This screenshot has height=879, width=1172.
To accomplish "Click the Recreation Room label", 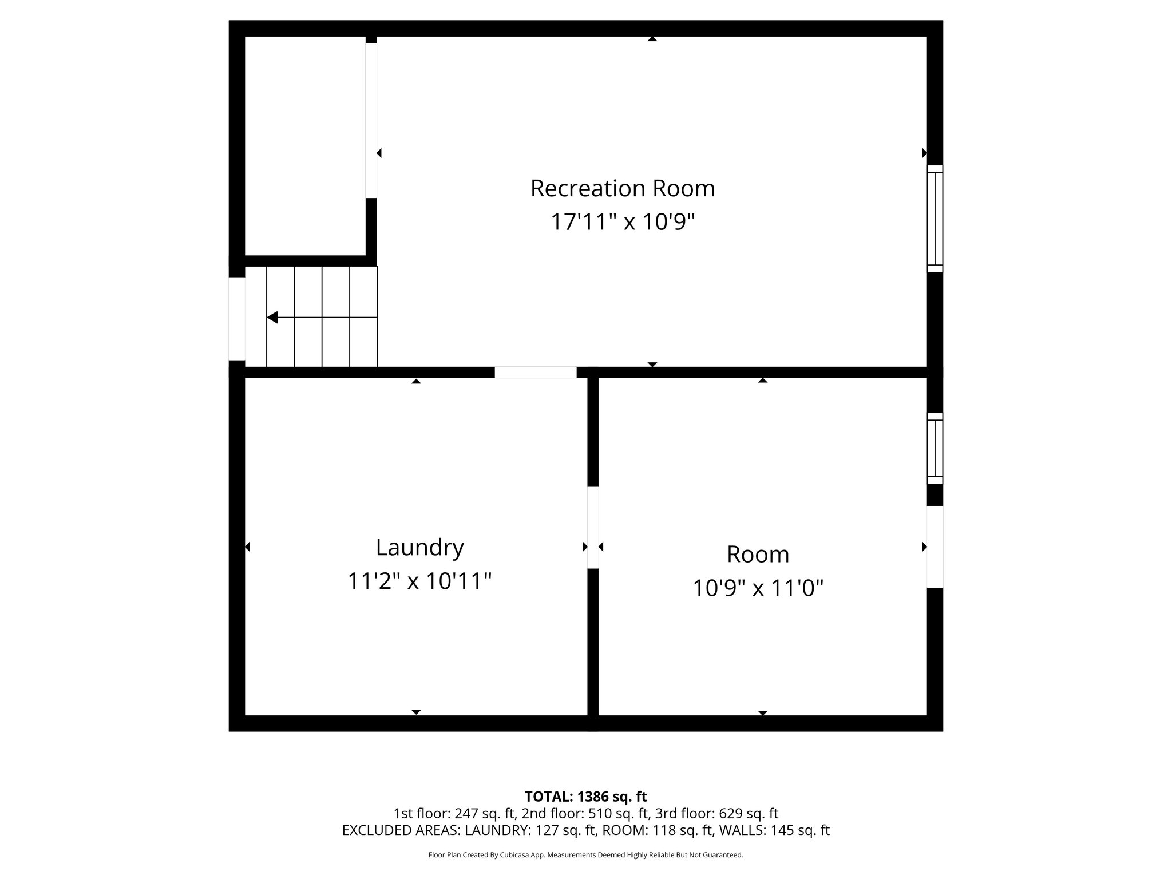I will coord(623,188).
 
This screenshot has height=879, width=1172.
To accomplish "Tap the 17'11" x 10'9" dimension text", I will coord(623,222).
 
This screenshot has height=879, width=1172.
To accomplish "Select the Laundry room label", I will coord(419,548).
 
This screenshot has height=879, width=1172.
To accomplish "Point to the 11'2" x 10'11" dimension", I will coord(419,581).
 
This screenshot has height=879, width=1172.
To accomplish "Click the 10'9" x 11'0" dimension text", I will coord(758,588).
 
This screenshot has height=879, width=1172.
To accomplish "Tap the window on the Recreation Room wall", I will coord(935,219).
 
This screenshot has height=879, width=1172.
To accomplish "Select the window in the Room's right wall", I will coord(935,449).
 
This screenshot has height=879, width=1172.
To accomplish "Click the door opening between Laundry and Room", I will coord(593,527).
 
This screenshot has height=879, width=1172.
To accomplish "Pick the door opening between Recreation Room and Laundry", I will coord(535,372).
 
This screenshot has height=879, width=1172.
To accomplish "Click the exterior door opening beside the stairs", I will coord(237,319).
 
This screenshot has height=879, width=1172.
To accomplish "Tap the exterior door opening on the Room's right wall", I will coord(935,547).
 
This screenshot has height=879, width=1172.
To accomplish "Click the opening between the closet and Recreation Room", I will coord(371,120).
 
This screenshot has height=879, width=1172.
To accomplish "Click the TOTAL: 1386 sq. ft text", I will coord(585,797).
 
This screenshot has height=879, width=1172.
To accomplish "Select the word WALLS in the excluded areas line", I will coord(742,830).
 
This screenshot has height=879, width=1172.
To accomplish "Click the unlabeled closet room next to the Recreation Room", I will coord(305,146).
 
